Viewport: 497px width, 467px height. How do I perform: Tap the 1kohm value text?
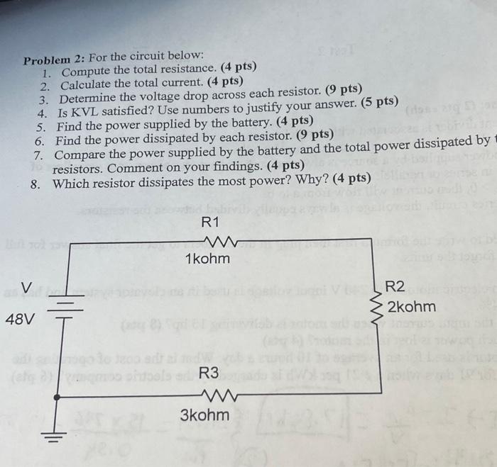[x=207, y=259]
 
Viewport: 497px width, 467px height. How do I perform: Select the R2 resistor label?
[x=395, y=287]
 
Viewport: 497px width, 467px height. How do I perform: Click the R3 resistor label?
[x=209, y=373]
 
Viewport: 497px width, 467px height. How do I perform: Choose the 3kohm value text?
[x=204, y=414]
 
